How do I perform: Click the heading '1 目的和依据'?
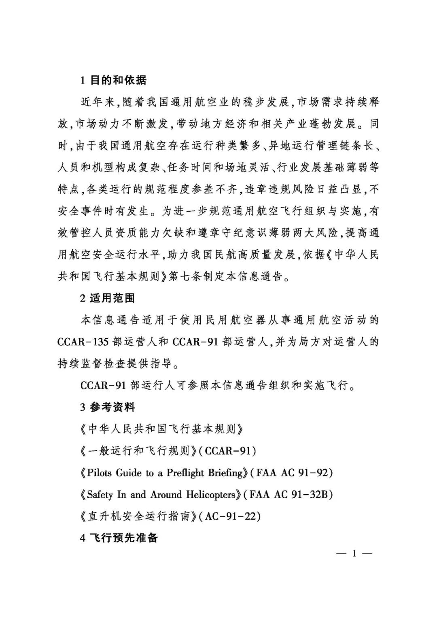(x=113, y=80)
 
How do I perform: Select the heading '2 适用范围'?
(x=107, y=298)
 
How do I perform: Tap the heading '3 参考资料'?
(x=107, y=407)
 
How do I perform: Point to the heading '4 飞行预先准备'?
(x=119, y=538)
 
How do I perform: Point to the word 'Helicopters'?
(x=210, y=495)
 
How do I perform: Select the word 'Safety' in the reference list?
(x=100, y=495)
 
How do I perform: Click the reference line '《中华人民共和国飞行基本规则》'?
(x=162, y=429)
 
